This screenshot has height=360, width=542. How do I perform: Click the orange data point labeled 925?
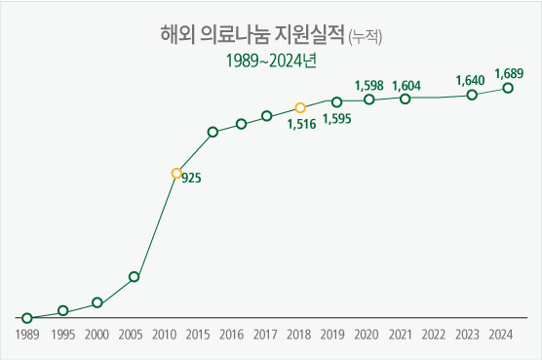coord(176,174)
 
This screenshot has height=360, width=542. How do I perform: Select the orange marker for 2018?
coord(300,107)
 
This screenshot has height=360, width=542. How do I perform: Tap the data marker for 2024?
coord(508,89)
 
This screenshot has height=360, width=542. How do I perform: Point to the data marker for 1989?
coord(27,318)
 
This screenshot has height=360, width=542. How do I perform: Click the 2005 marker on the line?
coord(134,277)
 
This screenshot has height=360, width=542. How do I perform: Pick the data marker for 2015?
coord(213,132)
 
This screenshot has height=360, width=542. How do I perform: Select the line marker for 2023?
coord(472,95)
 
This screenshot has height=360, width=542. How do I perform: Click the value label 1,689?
coord(510,73)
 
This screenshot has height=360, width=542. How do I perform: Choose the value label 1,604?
coord(406,85)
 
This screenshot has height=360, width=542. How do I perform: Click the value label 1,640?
coord(472,80)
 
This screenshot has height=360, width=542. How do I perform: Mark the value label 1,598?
coord(370,85)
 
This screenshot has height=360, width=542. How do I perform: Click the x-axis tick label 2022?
coord(435,335)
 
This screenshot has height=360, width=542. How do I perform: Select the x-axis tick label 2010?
coord(163,335)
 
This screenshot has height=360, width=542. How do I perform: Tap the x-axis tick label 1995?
coord(61,335)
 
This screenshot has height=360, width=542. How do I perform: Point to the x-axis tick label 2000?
coord(96,335)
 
